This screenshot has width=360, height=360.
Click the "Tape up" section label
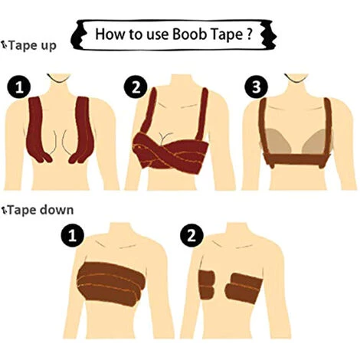29,46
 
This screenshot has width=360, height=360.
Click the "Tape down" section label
38,210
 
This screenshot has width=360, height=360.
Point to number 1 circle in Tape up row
19,87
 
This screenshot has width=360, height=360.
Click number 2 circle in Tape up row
136,87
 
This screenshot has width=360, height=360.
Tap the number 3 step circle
256,87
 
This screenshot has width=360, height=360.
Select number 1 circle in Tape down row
73,235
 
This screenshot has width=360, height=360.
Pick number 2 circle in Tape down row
191,235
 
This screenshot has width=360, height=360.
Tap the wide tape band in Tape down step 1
111,283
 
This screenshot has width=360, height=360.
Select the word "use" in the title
157,35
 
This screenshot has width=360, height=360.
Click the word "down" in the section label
57,210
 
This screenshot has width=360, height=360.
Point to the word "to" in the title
136,34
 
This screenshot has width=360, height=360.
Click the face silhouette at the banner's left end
78,35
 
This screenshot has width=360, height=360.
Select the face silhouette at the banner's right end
270,34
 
